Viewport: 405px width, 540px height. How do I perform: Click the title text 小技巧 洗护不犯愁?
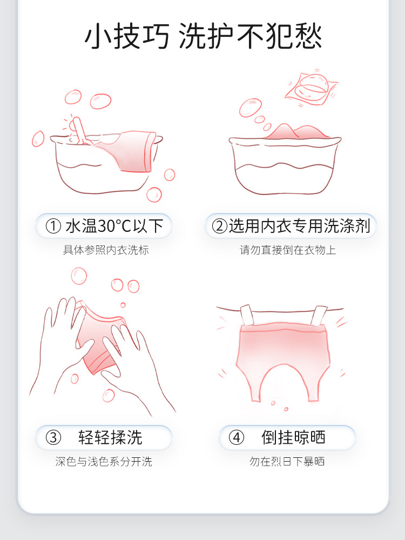[203, 36]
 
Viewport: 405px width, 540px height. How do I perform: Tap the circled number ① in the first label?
[53, 226]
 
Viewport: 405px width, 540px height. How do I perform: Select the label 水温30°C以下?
[114, 226]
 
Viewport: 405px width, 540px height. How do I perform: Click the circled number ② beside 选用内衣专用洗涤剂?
[219, 226]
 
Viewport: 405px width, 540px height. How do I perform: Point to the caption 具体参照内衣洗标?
[106, 250]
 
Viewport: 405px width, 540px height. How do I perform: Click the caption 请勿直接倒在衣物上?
[288, 250]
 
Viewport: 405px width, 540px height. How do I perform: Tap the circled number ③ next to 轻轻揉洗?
[53, 437]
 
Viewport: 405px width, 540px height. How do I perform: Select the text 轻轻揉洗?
[110, 437]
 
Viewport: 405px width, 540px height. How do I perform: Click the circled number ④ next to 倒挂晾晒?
[237, 437]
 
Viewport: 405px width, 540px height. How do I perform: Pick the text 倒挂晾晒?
[293, 437]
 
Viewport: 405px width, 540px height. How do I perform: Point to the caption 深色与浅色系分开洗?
[104, 462]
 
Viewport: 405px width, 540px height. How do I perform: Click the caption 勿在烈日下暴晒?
[287, 462]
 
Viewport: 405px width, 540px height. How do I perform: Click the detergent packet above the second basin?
[312, 88]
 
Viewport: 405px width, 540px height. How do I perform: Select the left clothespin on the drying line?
[247, 315]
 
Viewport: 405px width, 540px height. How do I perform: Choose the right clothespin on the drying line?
[319, 316]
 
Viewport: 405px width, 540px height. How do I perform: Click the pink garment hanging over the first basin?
[128, 151]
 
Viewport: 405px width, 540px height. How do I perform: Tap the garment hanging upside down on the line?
[282, 360]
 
